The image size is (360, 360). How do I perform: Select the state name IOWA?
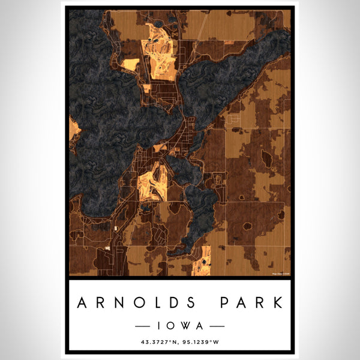pyautogui.click(x=180, y=326)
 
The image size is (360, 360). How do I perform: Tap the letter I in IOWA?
pyautogui.click(x=161, y=326)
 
